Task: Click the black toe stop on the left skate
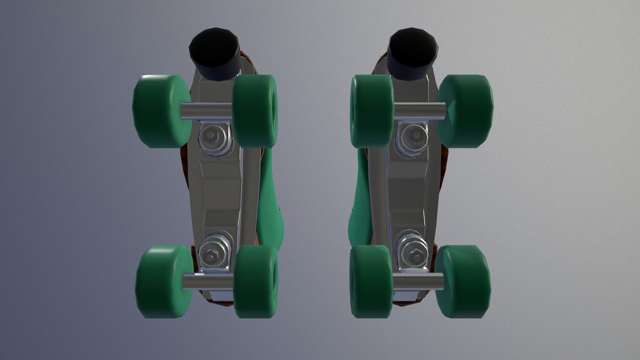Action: coord(214,53)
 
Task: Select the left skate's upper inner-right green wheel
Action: coord(255,111)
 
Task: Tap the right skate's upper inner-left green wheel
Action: coord(372,111)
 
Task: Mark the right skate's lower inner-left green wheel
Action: coord(372,281)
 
